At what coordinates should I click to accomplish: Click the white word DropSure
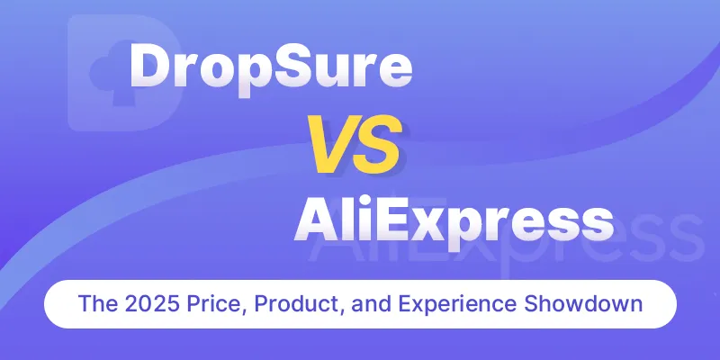click(271, 70)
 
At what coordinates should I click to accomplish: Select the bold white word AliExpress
click(454, 223)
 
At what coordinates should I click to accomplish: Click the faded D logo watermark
click(125, 73)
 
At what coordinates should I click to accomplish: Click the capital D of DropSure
click(152, 67)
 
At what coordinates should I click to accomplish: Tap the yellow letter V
click(329, 144)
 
